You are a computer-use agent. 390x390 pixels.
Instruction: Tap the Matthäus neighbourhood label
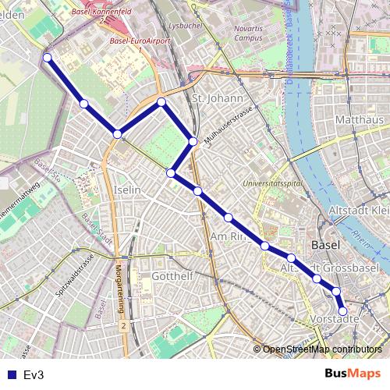359,120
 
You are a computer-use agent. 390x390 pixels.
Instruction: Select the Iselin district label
126,190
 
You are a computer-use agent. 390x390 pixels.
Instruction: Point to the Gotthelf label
172,277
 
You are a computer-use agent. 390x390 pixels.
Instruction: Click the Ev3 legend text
33,375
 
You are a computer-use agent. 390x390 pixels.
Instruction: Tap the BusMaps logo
353,374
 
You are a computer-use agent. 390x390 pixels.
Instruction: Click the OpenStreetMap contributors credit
321,350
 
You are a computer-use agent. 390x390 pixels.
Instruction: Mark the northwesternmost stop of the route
48,57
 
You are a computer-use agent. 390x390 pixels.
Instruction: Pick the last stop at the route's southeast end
342,311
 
